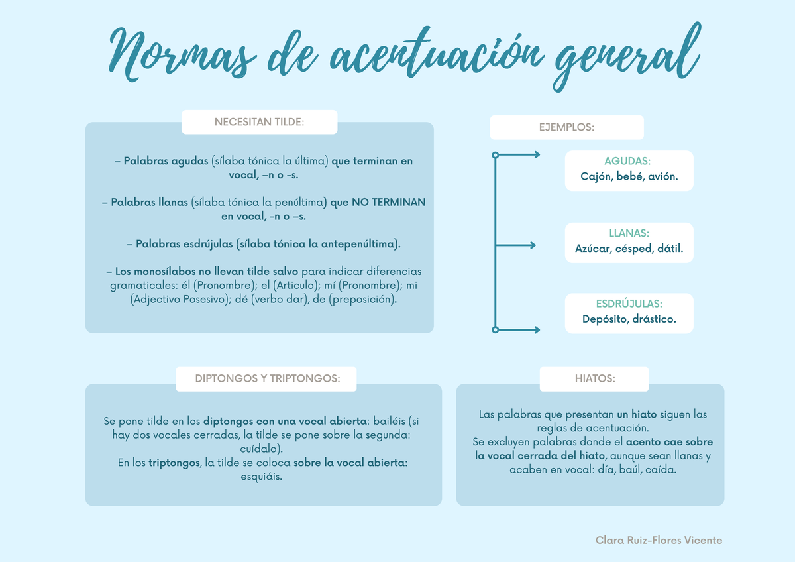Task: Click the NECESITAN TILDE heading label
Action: tap(259, 123)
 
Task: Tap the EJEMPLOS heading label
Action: tap(566, 127)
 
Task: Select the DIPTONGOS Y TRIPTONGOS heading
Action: tap(267, 379)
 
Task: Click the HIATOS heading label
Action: tap(594, 379)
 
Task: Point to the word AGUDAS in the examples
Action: tap(628, 162)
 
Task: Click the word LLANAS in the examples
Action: tap(629, 234)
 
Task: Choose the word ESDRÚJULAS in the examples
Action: tap(629, 304)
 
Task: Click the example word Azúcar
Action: tap(593, 250)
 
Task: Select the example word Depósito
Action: tap(604, 319)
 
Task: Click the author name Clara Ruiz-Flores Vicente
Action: tap(659, 541)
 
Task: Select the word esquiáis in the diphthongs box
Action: tap(263, 477)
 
